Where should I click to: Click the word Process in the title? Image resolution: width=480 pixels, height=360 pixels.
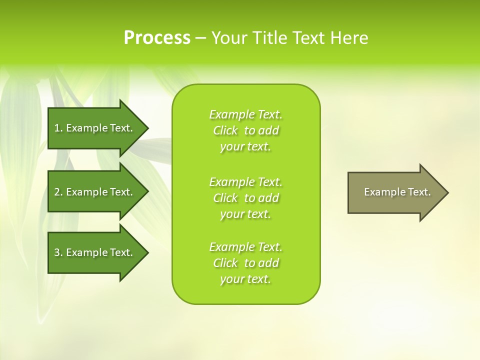pyautogui.click(x=157, y=38)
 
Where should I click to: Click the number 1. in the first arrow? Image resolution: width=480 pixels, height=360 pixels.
pyautogui.click(x=58, y=128)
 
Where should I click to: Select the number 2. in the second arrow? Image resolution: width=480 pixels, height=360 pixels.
pyautogui.click(x=58, y=192)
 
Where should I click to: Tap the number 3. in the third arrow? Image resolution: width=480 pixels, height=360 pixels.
pyautogui.click(x=58, y=252)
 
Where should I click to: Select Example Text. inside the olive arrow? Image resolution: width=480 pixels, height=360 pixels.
pyautogui.click(x=397, y=192)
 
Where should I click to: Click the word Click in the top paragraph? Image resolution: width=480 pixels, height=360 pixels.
pyautogui.click(x=225, y=131)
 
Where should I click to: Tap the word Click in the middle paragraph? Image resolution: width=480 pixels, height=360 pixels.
pyautogui.click(x=225, y=198)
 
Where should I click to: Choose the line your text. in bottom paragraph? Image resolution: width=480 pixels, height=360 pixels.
pyautogui.click(x=245, y=279)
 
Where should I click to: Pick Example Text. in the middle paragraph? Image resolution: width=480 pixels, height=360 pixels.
pyautogui.click(x=245, y=182)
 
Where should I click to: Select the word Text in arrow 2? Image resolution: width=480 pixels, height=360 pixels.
pyautogui.click(x=121, y=192)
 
